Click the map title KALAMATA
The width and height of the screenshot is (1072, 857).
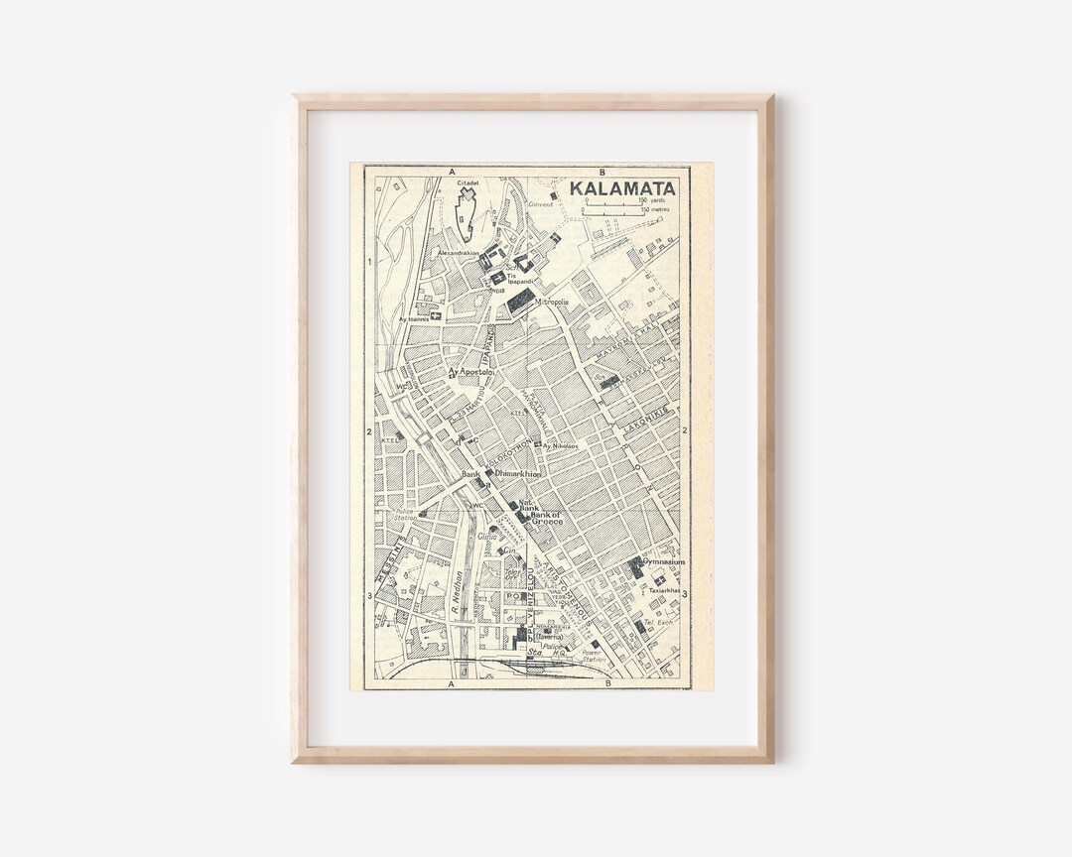(x=622, y=188)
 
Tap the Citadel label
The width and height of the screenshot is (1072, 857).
(x=468, y=184)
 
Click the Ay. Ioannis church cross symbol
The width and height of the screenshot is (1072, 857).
(x=435, y=315)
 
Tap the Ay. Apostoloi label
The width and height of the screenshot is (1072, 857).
(x=472, y=372)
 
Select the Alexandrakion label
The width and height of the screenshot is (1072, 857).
(x=458, y=253)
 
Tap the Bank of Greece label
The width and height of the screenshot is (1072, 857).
(x=547, y=518)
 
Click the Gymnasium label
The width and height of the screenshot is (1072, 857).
(x=666, y=561)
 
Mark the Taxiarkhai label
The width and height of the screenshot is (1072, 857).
(x=665, y=590)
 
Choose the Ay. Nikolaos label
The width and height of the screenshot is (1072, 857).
(x=561, y=446)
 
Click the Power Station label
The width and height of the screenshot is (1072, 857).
(x=594, y=657)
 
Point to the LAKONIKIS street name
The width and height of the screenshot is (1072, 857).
(x=649, y=421)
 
